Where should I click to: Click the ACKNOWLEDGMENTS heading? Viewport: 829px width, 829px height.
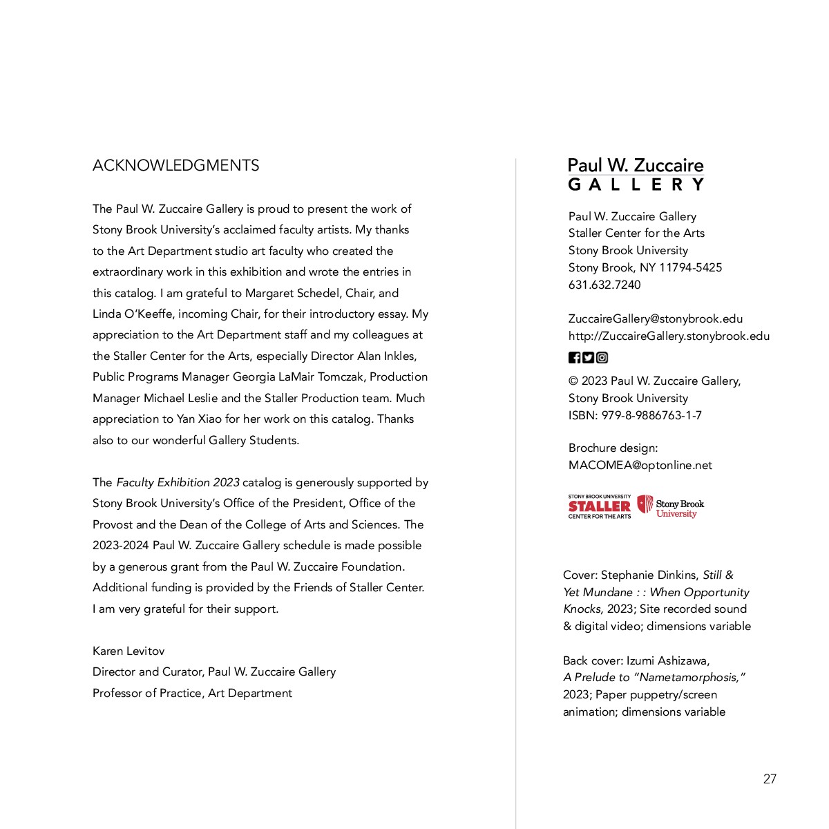(x=175, y=166)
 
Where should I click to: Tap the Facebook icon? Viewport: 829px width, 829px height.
(x=574, y=357)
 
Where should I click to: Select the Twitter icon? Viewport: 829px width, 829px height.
(x=588, y=357)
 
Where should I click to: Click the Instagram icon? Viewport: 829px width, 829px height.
(x=602, y=357)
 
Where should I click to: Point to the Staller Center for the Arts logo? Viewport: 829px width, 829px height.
(x=599, y=506)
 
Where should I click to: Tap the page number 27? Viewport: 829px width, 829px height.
(x=770, y=779)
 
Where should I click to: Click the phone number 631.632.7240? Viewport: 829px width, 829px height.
(x=604, y=285)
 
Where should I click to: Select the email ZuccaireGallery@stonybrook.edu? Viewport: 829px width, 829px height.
(x=656, y=318)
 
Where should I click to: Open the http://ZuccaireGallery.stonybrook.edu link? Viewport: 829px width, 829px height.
(x=669, y=336)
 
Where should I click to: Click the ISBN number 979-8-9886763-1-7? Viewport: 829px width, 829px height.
(x=651, y=415)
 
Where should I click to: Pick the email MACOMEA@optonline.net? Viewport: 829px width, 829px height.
(x=640, y=465)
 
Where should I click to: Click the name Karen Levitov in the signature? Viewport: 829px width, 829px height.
(x=128, y=651)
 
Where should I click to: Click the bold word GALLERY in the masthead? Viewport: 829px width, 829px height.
(x=636, y=184)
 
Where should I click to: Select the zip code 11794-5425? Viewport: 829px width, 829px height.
(x=690, y=267)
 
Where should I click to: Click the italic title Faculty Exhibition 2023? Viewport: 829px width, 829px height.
(x=178, y=482)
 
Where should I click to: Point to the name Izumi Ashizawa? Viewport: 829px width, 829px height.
(x=667, y=660)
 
